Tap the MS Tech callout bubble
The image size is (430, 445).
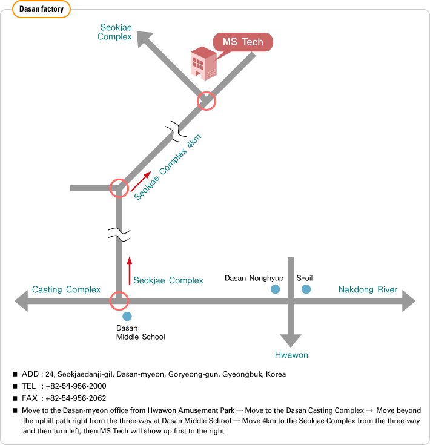[x=243, y=42]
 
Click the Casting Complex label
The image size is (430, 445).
[x=66, y=289]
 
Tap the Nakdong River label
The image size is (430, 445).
[x=368, y=289]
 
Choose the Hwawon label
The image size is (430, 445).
[x=291, y=355]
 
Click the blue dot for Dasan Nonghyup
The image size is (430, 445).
[x=276, y=289]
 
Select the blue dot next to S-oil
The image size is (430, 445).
[x=306, y=289]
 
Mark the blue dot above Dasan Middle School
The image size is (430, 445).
[x=127, y=316]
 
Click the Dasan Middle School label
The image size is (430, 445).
[x=140, y=332]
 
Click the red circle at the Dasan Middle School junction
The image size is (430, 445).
[x=119, y=300]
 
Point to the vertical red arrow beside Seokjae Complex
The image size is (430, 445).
[x=129, y=270]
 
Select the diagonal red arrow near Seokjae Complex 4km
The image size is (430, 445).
[x=141, y=181]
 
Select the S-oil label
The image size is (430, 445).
[x=304, y=278]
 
